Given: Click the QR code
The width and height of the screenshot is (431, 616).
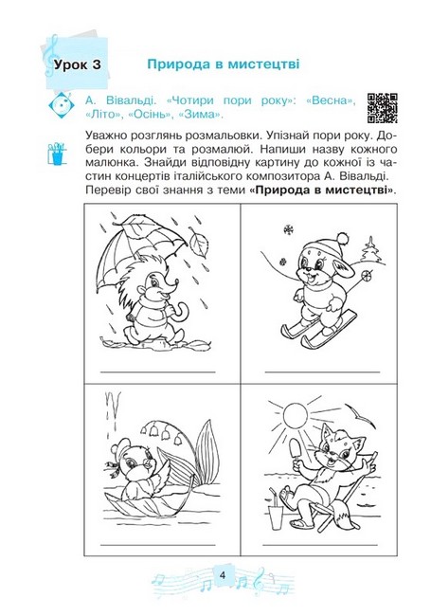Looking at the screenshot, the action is click(382, 108).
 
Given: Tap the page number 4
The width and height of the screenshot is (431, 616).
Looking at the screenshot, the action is click(223, 575).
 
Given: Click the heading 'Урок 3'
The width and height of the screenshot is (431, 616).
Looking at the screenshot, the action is click(78, 64).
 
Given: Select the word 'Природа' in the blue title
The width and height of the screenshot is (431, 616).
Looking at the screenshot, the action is click(178, 64).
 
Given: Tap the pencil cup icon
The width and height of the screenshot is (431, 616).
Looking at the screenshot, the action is click(56, 154).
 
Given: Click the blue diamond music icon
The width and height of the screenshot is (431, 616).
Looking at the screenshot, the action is click(61, 105).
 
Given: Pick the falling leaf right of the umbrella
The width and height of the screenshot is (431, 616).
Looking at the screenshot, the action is click(199, 243).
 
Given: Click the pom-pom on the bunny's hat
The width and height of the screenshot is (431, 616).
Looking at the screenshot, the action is click(343, 238).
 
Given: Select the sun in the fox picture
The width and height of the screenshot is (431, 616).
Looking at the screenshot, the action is click(295, 416).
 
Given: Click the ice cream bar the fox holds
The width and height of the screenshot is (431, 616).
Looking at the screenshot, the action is click(296, 450).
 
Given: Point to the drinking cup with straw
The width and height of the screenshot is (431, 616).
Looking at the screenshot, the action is click(276, 510).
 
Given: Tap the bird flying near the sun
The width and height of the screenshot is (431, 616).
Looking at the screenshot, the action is click(361, 417).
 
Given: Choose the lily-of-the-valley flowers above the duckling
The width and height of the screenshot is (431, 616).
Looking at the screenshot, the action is click(161, 431).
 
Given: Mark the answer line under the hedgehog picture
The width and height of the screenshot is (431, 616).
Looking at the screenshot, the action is click(158, 371).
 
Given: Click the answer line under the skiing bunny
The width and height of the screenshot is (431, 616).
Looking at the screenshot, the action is click(323, 371).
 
